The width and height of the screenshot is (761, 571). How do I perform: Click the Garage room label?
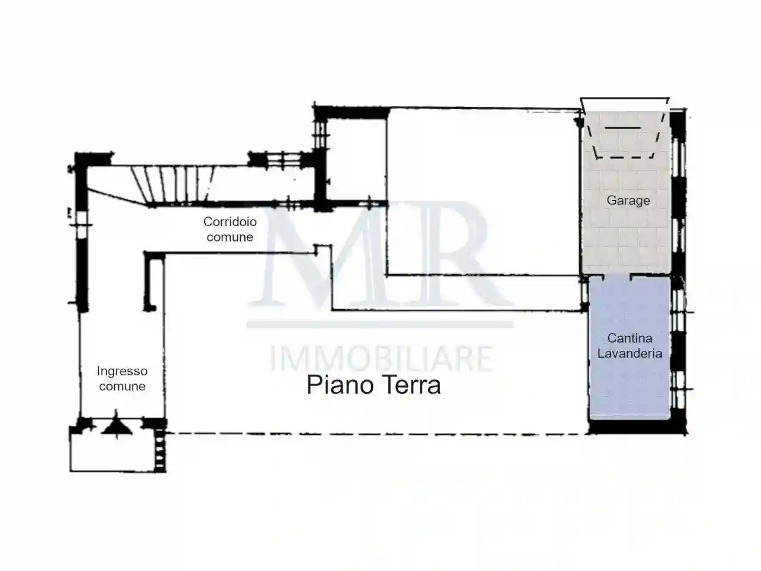tap(628, 200)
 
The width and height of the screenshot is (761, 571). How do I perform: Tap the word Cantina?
tap(630, 338)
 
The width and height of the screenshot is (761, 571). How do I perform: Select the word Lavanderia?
tap(630, 353)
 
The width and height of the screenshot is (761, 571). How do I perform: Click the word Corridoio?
tap(230, 222)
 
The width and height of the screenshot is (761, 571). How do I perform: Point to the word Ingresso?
tap(122, 371)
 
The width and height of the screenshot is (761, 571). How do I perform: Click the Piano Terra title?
tap(373, 385)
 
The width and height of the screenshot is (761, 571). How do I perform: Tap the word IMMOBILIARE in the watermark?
tap(380, 359)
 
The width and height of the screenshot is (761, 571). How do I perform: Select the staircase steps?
tap(172, 183)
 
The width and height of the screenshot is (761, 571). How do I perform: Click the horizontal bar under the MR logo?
tap(380, 325)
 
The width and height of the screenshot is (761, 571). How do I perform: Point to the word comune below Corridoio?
tap(230, 237)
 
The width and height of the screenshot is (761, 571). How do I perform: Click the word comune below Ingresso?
tap(122, 387)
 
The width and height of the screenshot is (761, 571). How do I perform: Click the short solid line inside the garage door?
tap(622, 128)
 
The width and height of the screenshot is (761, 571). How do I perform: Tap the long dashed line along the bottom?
tap(375, 434)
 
